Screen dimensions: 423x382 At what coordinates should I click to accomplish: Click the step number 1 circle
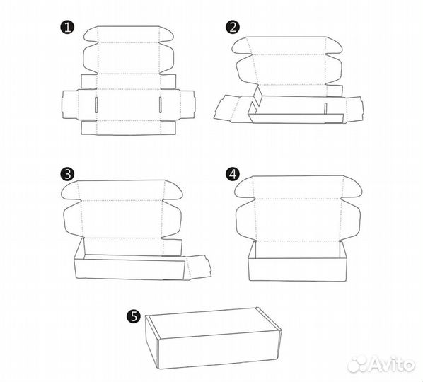point(67,28)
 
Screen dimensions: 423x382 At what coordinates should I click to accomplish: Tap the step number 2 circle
point(233,28)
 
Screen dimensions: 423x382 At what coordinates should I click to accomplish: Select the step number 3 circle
point(67,174)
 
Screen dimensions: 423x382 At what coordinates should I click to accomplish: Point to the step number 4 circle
point(233,174)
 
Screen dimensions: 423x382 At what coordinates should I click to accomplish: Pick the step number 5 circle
point(134,316)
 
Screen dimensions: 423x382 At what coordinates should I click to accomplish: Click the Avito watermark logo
point(381,364)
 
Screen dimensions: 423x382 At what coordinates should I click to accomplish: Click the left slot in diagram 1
point(96,105)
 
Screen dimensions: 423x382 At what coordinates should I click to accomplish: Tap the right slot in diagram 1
point(161,105)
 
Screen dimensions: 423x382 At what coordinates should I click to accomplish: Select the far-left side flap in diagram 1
point(70,105)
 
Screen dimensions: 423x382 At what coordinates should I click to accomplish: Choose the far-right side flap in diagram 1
point(187,105)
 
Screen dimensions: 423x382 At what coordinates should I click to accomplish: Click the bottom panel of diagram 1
point(129,127)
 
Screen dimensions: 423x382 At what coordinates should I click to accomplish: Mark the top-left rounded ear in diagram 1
point(91,34)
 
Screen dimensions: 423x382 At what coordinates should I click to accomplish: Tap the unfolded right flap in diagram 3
point(198,267)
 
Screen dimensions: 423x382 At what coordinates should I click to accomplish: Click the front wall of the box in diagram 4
point(297,270)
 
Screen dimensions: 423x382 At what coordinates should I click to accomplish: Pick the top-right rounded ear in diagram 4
point(353,187)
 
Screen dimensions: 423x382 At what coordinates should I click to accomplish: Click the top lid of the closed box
point(213,323)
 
